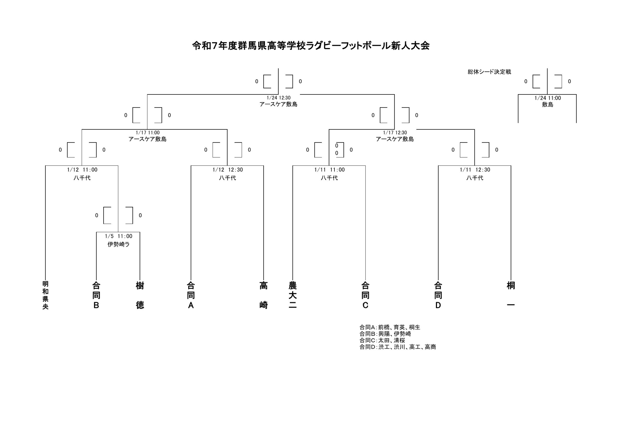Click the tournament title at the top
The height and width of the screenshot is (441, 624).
click(x=311, y=46)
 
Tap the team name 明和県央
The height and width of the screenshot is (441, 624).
click(x=45, y=295)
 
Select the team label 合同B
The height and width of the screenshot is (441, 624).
click(x=96, y=295)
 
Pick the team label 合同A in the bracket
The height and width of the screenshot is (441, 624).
click(x=191, y=295)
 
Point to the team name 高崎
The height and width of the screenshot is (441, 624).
click(x=263, y=295)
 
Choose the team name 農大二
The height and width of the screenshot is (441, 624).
click(x=293, y=295)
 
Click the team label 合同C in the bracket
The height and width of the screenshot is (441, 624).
click(x=365, y=295)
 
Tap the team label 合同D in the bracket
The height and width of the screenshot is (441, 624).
click(x=438, y=295)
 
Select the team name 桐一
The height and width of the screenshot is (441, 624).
click(x=511, y=295)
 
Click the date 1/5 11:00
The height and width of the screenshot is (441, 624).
click(x=118, y=236)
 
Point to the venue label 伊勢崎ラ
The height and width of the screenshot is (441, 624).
click(x=118, y=244)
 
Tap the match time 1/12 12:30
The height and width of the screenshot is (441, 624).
click(x=227, y=170)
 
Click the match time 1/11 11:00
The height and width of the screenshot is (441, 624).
click(x=329, y=170)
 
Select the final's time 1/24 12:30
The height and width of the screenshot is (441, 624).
click(x=279, y=98)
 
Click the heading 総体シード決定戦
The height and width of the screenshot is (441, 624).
click(x=489, y=72)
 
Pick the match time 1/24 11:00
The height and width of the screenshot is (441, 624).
click(x=548, y=98)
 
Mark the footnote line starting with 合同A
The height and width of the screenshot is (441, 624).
click(x=390, y=327)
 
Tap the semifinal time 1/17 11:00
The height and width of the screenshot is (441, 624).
click(x=148, y=132)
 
